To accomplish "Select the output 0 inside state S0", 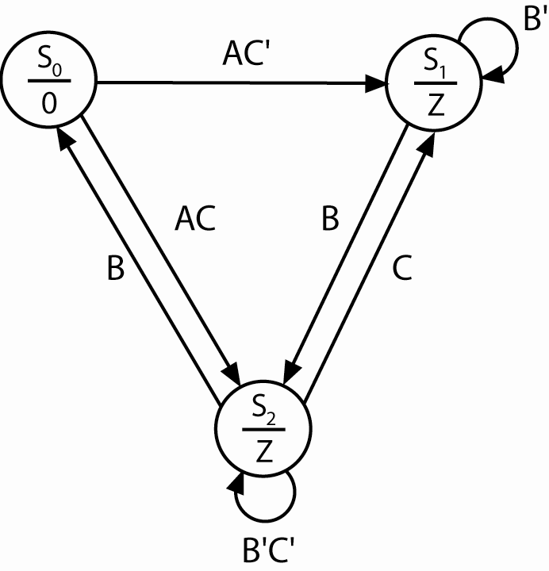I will [49, 103].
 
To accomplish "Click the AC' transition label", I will [240, 57].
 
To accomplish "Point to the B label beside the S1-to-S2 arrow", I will [329, 220].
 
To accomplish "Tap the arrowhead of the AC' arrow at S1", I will [377, 82].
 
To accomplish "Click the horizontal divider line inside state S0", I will [49, 82].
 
